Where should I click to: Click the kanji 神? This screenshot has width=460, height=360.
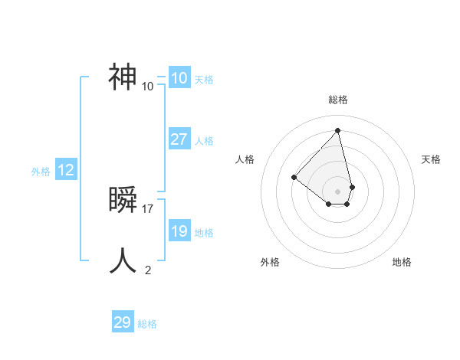pos(123,77)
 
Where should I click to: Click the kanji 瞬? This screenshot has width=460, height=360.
pos(123,200)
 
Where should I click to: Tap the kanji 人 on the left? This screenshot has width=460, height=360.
pos(123,261)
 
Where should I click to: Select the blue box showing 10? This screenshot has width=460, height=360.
pos(179,78)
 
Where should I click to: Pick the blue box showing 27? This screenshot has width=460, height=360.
pos(179,139)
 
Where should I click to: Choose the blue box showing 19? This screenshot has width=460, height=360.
pos(179,231)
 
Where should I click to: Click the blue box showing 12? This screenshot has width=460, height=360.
pos(65,170)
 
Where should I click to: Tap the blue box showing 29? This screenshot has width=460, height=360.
pos(122,322)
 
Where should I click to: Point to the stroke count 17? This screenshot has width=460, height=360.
pos(148,208)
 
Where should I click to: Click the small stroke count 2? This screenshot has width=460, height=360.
pos(148,270)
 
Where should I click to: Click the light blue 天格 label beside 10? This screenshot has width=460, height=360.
pos(204,80)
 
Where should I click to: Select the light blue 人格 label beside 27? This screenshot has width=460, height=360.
pos(204,141)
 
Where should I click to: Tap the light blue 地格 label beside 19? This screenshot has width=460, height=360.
pos(204,233)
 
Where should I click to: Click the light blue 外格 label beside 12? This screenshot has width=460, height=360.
pos(41,172)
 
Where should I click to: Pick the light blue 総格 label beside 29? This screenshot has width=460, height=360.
pos(147,324)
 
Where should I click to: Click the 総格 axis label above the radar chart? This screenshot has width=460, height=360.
pos(337,100)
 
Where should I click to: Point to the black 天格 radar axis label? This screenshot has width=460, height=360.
pos(432,159)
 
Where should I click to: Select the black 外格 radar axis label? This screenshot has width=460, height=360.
pos(270,263)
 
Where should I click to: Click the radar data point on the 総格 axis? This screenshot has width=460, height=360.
pos(337,131)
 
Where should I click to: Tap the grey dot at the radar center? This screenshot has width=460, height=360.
pos(337,191)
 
